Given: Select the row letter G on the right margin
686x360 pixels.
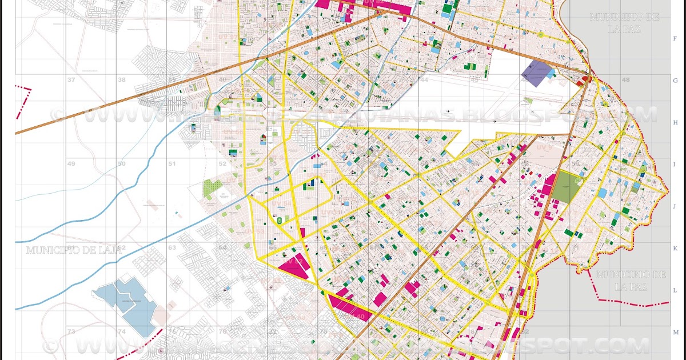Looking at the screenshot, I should point(675,81).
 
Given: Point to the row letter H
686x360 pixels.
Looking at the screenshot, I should point(675,122).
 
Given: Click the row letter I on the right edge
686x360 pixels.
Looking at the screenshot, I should point(675,165).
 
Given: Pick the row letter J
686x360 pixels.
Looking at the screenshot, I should point(675,206).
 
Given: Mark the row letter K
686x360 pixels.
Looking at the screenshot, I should point(675,249).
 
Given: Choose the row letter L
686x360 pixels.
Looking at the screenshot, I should point(675,290).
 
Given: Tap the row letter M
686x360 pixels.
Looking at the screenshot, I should point(675,333).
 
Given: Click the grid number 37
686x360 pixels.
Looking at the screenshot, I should point(71,80).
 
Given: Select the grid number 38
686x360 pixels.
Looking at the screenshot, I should point(121,80).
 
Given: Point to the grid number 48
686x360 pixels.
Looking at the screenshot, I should point(626,80).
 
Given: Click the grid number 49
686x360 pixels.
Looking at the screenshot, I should point(71,164).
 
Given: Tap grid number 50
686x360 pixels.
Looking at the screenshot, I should point(121,164).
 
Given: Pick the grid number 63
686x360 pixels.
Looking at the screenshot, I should point(172,248).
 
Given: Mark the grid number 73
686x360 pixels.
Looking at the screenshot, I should point(71,331).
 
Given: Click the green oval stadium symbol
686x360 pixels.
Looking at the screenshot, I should point(279,219).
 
